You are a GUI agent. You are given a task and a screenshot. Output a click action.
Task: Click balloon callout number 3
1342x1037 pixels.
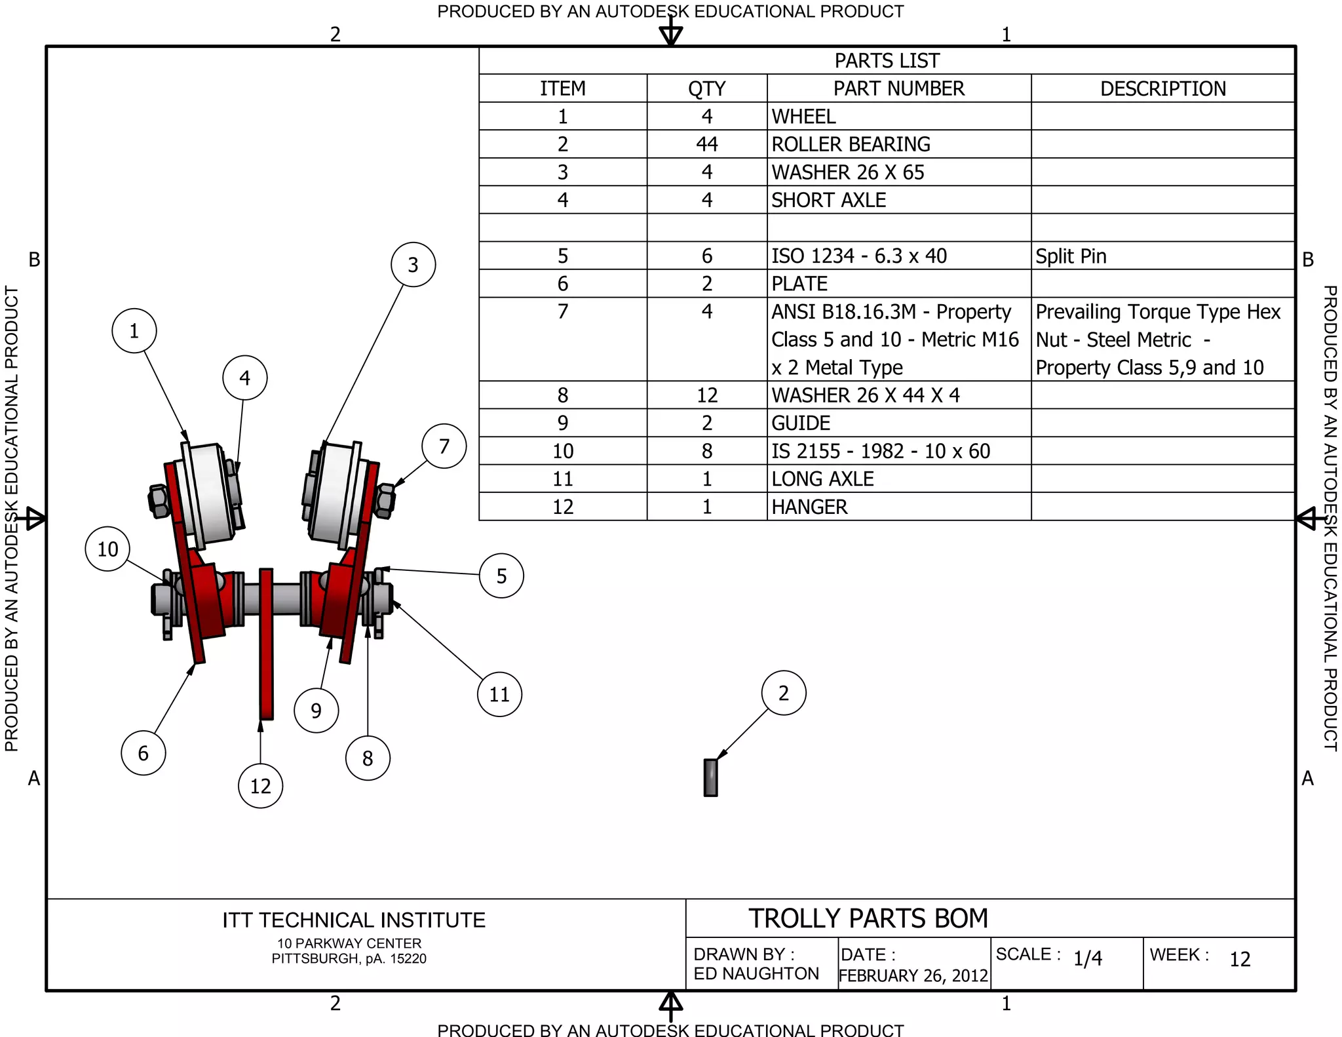point(413,265)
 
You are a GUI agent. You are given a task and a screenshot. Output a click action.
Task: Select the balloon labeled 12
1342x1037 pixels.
point(260,785)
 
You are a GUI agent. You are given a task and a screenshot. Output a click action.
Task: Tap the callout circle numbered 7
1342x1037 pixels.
point(444,446)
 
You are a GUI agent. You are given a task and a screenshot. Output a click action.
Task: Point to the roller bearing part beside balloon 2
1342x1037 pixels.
point(710,777)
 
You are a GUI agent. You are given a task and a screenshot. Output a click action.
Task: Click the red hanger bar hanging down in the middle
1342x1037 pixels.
point(266,655)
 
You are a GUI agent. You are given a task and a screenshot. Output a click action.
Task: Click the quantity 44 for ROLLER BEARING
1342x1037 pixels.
point(706,144)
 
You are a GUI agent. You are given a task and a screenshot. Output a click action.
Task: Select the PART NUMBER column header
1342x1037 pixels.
point(898,88)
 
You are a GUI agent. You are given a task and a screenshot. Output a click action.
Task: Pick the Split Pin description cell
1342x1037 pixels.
point(1071,256)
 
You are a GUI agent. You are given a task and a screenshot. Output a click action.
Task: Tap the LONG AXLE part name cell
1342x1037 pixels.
point(822,479)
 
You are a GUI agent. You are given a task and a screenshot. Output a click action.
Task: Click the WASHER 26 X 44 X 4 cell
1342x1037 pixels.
point(865,395)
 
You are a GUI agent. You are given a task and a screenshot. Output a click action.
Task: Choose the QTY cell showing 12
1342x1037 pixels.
point(706,395)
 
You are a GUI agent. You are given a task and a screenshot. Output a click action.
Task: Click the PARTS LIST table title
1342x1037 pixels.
point(887,60)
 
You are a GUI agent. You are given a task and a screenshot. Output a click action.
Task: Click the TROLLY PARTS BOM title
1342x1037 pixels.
point(868,918)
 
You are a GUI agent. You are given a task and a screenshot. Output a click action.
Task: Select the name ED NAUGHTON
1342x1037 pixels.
point(756,973)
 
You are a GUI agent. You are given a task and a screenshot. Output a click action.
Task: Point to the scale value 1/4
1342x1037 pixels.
point(1087,958)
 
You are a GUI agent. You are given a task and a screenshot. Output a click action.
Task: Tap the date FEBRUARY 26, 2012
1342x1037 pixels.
point(913,975)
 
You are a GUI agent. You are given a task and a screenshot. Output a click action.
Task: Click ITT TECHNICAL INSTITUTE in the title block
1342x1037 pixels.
point(354,920)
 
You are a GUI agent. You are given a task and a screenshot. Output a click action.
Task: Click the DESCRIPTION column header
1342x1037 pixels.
point(1162,88)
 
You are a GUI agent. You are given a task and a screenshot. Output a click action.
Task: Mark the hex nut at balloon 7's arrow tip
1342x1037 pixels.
point(385,500)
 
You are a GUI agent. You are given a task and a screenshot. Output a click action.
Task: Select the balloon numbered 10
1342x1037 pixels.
point(107,549)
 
